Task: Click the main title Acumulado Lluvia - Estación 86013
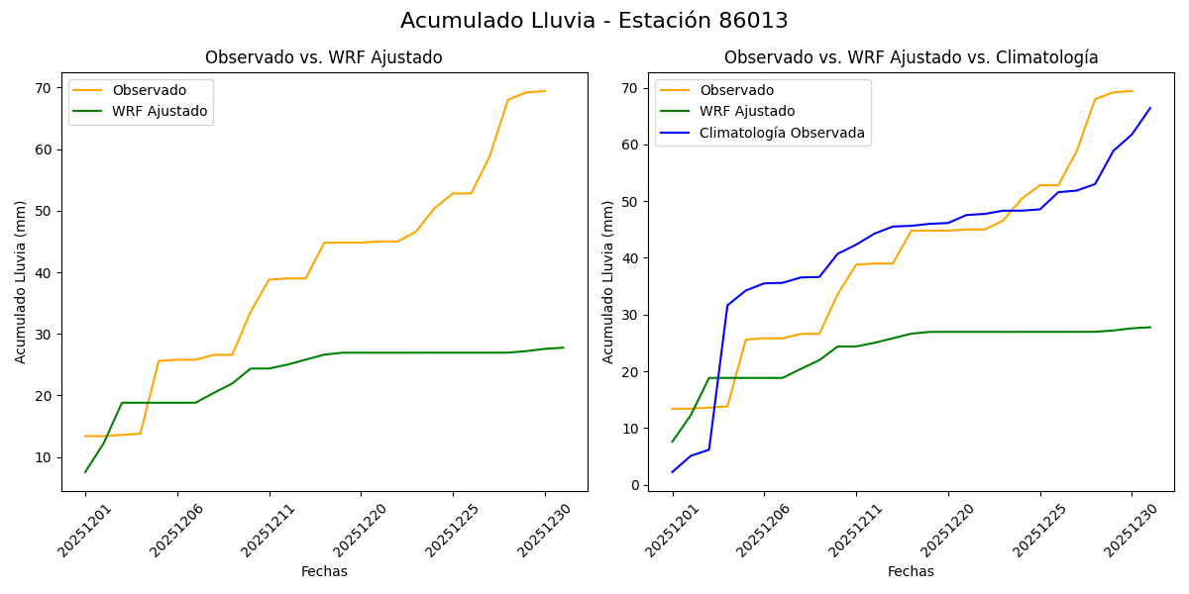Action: (594, 21)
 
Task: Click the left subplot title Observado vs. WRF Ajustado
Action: (323, 57)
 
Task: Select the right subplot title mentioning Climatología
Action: (911, 57)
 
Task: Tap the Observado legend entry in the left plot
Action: (149, 90)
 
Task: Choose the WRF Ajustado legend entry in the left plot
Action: (160, 111)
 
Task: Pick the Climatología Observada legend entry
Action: (782, 133)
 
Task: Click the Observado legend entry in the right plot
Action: (736, 90)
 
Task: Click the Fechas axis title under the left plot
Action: (324, 571)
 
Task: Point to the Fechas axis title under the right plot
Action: (911, 571)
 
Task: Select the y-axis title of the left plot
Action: (21, 281)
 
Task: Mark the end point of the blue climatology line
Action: (1150, 108)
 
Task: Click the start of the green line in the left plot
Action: (85, 471)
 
